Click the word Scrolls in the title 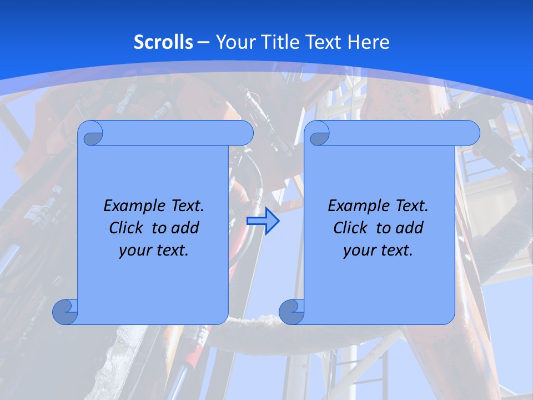click(163, 42)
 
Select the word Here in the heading click(368, 42)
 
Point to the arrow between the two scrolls click(263, 221)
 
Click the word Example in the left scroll click(132, 206)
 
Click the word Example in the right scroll click(356, 206)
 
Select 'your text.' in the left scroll click(154, 250)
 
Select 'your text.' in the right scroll click(378, 250)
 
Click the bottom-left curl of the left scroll click(64, 312)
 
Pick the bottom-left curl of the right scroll click(291, 312)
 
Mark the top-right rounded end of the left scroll click(244, 133)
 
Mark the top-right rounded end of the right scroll click(471, 133)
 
